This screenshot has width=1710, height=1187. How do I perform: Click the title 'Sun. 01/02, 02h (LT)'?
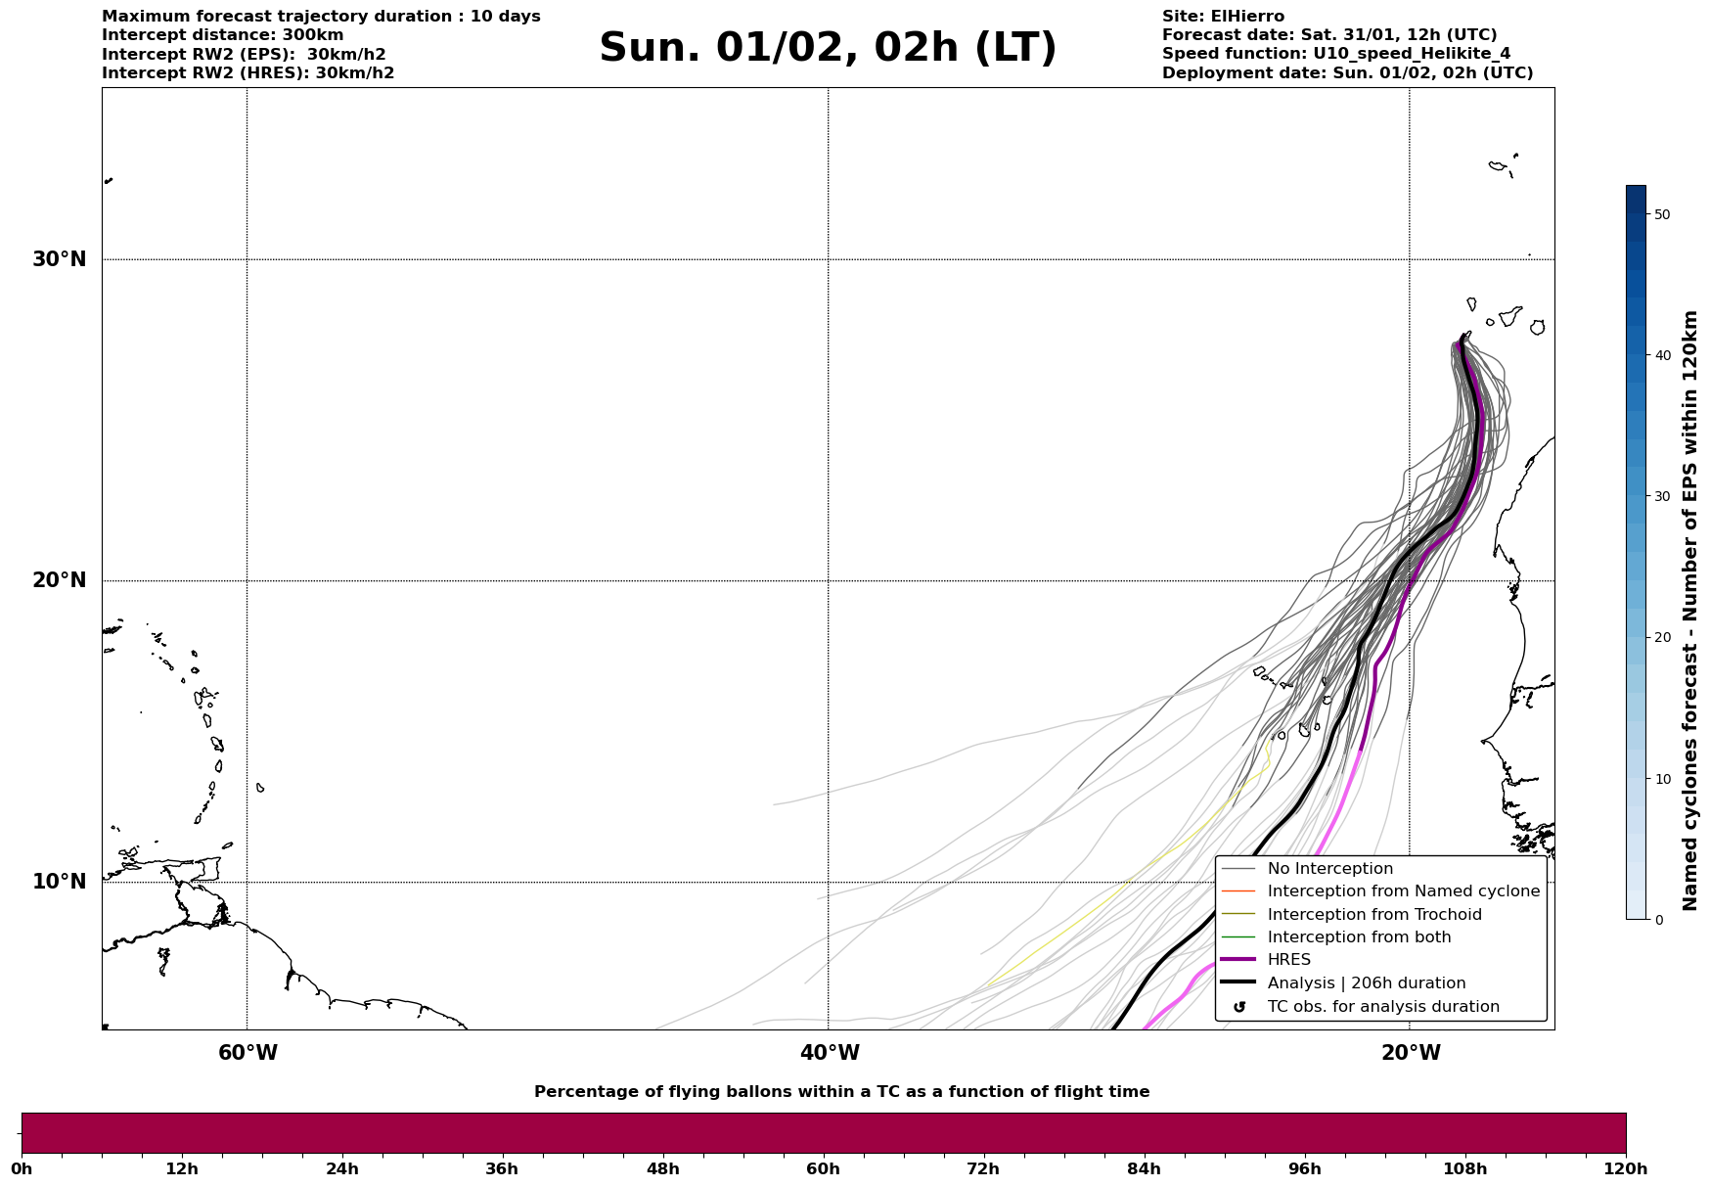(x=828, y=48)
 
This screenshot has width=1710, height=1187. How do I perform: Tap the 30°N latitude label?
(x=59, y=259)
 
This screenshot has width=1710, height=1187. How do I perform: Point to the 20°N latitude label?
(x=59, y=580)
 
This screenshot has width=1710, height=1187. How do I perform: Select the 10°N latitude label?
(x=59, y=882)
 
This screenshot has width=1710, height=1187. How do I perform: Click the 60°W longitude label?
(x=247, y=1053)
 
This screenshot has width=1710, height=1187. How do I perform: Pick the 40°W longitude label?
(x=830, y=1053)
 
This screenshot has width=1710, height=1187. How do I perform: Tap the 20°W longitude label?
(x=1411, y=1053)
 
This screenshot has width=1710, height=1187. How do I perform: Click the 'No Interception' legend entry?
(x=1329, y=869)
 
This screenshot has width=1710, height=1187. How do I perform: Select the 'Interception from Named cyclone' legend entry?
(x=1403, y=891)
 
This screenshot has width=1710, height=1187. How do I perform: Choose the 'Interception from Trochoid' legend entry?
(x=1373, y=915)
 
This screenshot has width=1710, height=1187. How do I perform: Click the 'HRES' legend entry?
(x=1288, y=960)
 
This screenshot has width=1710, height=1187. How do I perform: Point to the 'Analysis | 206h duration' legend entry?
(x=1366, y=983)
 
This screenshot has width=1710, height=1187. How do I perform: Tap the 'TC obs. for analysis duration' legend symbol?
(x=1239, y=1007)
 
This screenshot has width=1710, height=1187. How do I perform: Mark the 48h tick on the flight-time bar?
(x=662, y=1168)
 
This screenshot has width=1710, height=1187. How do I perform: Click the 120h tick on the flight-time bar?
(x=1626, y=1168)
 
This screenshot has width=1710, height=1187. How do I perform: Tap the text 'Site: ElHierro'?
(x=1223, y=17)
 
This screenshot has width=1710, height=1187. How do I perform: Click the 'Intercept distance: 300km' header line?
(x=222, y=35)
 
